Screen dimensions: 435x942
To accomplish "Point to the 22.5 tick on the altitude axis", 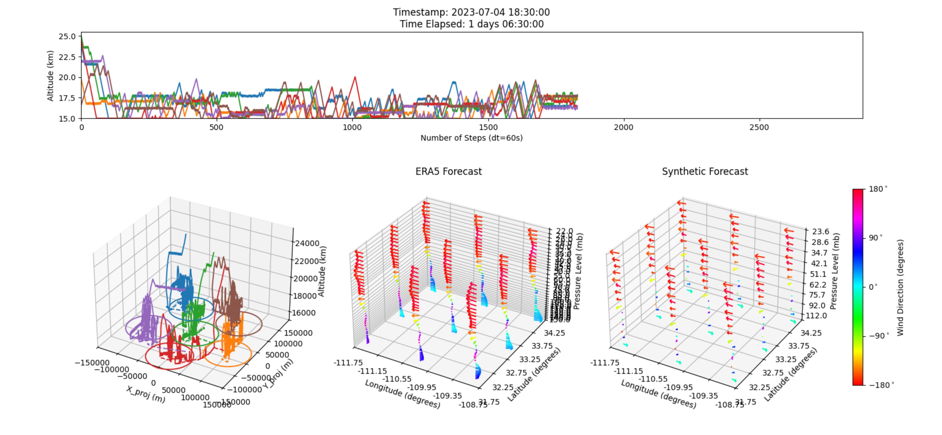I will click(x=67, y=57).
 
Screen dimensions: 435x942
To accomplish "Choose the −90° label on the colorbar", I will click(x=878, y=336).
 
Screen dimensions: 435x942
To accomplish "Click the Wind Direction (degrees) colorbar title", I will click(x=900, y=288).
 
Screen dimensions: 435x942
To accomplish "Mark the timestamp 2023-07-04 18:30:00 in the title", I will click(x=500, y=12).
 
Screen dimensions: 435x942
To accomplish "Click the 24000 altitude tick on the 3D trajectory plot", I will click(x=307, y=243).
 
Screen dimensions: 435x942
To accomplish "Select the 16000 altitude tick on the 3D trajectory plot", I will click(x=303, y=313).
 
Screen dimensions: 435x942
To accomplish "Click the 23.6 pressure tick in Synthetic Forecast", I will click(x=820, y=232).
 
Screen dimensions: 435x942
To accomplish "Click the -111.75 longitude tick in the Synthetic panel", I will click(x=605, y=363).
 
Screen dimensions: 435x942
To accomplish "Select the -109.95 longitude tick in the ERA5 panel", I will click(x=422, y=387).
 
